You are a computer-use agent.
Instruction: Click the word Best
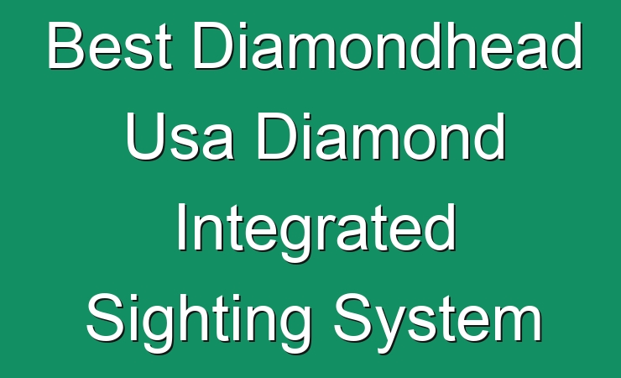pyautogui.click(x=110, y=45)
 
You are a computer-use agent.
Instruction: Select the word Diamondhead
pyautogui.click(x=388, y=45)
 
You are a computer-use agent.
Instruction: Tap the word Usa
pyautogui.click(x=180, y=136)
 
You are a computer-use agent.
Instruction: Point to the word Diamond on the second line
pyautogui.click(x=382, y=136)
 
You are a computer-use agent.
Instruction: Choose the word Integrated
pyautogui.click(x=316, y=231)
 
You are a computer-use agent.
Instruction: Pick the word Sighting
pyautogui.click(x=199, y=322)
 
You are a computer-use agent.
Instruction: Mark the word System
pyautogui.click(x=438, y=322)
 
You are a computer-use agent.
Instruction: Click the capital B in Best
pyautogui.click(x=67, y=45)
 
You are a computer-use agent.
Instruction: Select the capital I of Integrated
pyautogui.click(x=181, y=227)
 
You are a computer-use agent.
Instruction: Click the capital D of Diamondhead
pyautogui.click(x=213, y=45)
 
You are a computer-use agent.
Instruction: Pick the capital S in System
pyautogui.click(x=352, y=318)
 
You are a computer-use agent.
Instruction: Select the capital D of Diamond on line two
pyautogui.click(x=278, y=136)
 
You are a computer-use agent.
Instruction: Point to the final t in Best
pyautogui.click(x=164, y=49)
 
